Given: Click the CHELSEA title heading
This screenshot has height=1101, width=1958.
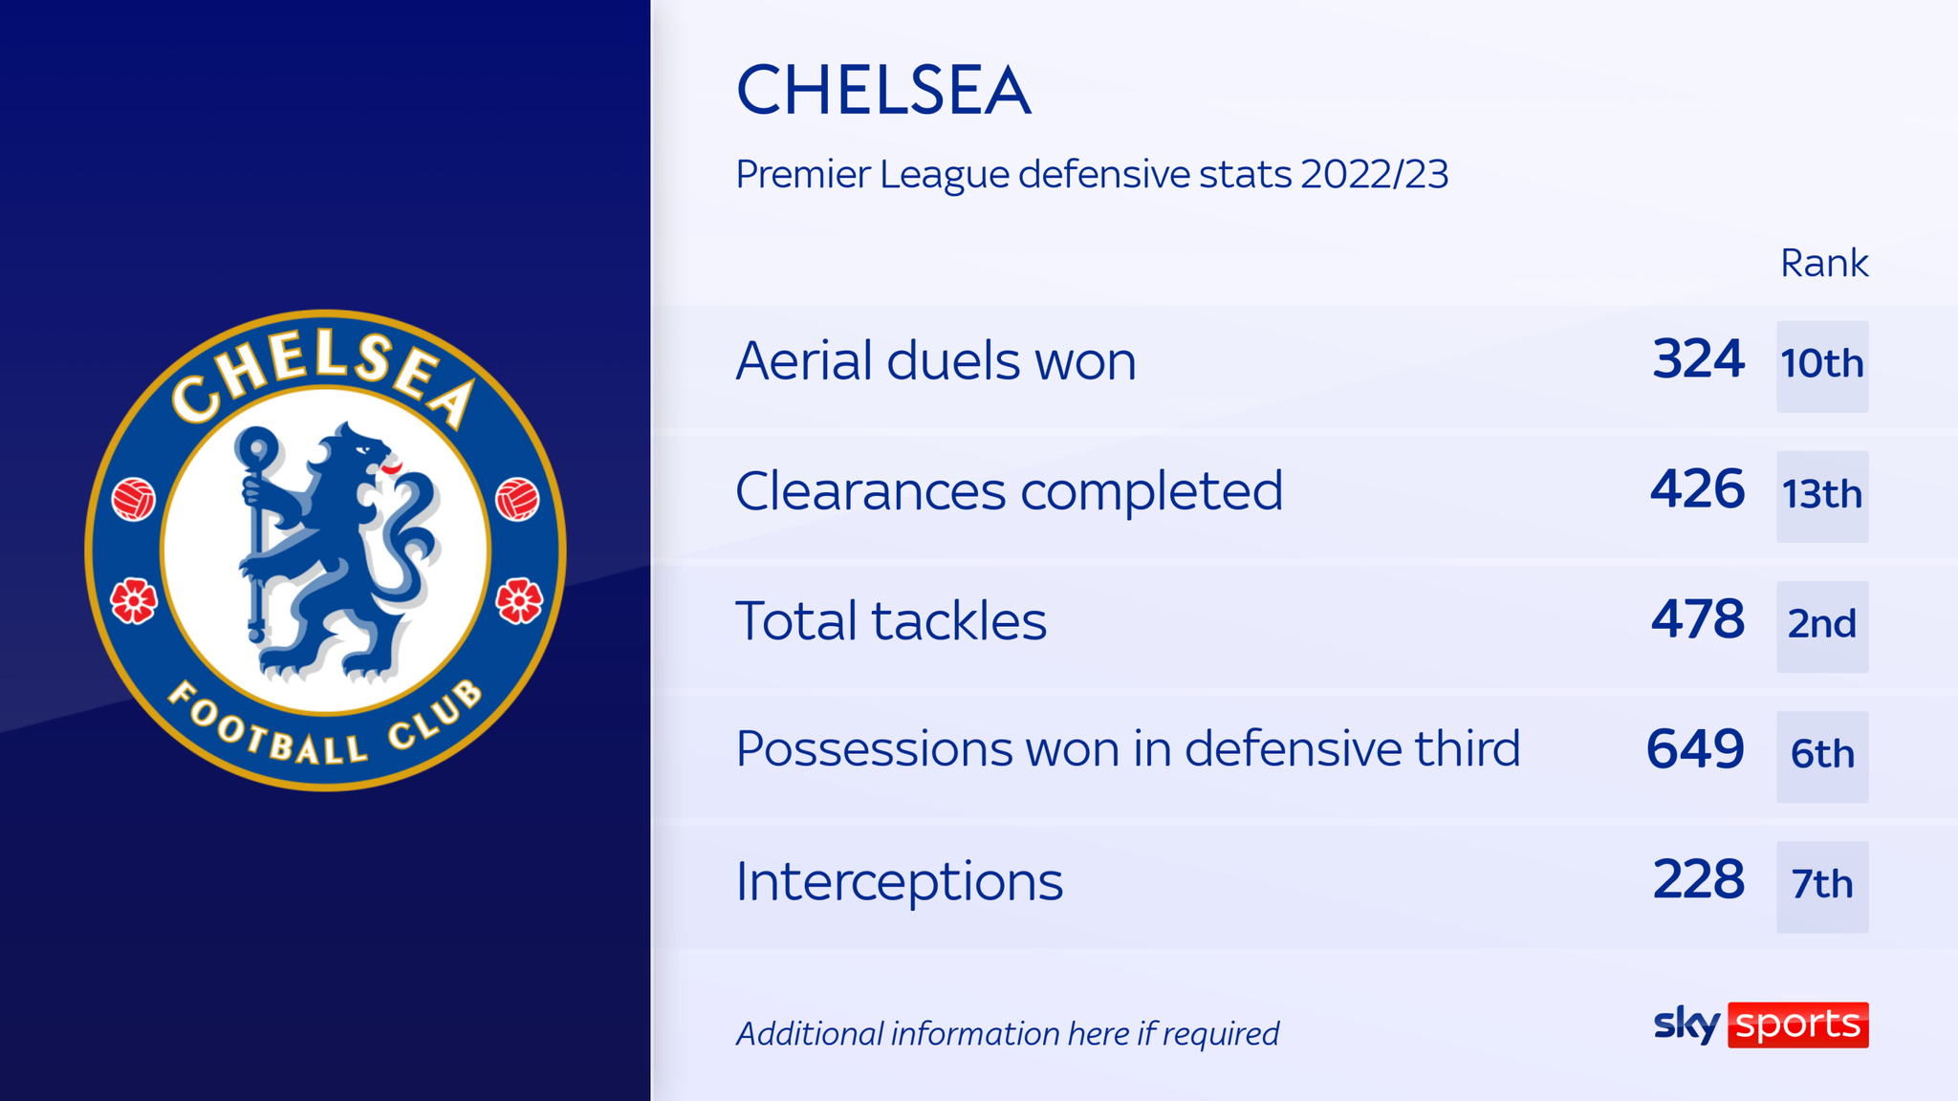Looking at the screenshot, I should pos(883,92).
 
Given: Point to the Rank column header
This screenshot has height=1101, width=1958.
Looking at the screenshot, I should pos(1823,263).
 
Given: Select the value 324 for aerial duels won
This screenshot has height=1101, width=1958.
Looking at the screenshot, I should pos(1698,360).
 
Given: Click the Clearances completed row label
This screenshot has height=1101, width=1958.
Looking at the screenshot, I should pos(1009,491).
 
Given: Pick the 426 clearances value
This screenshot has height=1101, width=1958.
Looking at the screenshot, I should pos(1698,490).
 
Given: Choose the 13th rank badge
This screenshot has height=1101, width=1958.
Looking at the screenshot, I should pos(1822,496).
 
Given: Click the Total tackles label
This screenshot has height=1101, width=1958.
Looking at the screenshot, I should pos(891,621).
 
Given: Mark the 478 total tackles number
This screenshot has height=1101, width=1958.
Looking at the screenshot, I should pos(1698,620).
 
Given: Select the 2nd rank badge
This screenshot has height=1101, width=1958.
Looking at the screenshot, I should pos(1822,626).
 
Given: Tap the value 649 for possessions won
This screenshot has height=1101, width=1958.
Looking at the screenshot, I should pos(1695,750).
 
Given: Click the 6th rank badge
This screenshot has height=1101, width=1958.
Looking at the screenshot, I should pos(1822,756).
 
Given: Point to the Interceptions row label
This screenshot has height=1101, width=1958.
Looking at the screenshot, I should pos(899,881).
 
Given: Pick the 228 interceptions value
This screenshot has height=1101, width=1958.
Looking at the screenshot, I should pos(1698,880).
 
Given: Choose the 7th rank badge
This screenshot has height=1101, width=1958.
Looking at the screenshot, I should pos(1822,886).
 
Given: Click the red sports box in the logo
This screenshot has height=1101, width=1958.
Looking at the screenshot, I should pos(1797,1025).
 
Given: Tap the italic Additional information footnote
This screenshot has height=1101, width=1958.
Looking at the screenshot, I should pos(1008,1034).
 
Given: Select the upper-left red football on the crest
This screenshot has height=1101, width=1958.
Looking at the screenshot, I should pos(134,500).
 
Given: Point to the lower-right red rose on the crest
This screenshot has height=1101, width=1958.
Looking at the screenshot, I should pos(519,601).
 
